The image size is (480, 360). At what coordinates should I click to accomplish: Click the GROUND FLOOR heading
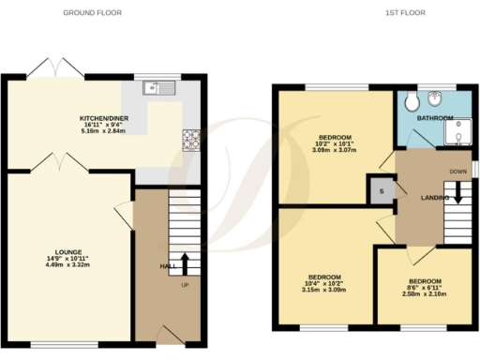tap(92, 13)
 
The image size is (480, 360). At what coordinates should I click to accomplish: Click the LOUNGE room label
tap(67, 251)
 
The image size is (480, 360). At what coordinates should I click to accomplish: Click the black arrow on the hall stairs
tap(184, 262)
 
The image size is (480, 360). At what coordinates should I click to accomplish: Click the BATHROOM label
tap(435, 118)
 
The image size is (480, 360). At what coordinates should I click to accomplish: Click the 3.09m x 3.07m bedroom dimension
tap(335, 151)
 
